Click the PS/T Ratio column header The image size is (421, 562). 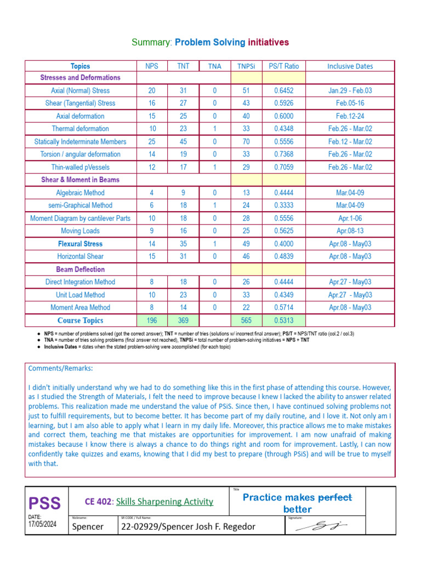[284, 66]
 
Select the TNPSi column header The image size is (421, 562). [246, 66]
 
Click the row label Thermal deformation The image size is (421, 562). [81, 129]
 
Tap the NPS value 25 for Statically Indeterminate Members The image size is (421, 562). [152, 142]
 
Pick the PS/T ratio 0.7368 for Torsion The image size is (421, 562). [283, 154]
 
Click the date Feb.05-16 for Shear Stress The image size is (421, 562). [350, 103]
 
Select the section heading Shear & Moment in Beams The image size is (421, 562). [81, 180]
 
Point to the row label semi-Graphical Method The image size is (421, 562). [81, 205]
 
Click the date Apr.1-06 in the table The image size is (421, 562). [350, 218]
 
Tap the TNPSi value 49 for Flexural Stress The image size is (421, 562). [246, 244]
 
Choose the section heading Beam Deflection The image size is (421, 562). [81, 269]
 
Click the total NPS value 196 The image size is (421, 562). [152, 321]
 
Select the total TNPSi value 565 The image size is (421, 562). [246, 321]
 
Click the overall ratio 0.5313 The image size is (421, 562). [283, 321]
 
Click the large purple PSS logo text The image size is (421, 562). [45, 503]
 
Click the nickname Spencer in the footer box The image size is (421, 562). [88, 527]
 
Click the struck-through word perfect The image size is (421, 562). [335, 497]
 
